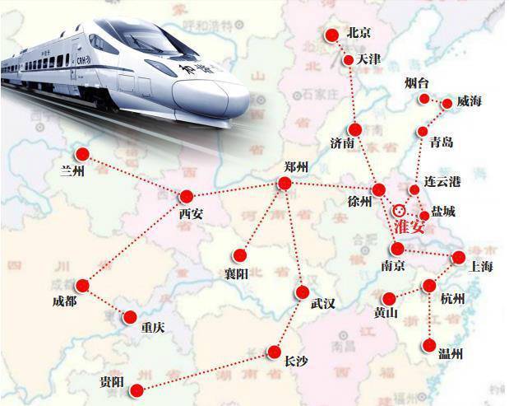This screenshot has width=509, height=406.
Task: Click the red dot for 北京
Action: click(331, 35)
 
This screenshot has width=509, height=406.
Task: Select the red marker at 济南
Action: click(354, 129)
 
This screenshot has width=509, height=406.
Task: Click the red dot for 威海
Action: click(447, 104)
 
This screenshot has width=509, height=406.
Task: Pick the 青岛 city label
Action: click(442, 142)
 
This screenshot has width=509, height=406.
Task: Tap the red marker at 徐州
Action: click(378, 190)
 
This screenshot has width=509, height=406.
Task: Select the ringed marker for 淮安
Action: click(400, 209)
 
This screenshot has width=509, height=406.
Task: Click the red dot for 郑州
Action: click(285, 184)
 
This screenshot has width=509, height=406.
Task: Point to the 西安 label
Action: click(190, 214)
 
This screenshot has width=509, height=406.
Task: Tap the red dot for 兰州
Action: click(82, 153)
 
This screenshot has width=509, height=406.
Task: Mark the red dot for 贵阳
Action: click(137, 390)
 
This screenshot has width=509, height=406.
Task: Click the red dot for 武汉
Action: click(301, 291)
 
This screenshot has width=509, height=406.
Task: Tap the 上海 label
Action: click(479, 265)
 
